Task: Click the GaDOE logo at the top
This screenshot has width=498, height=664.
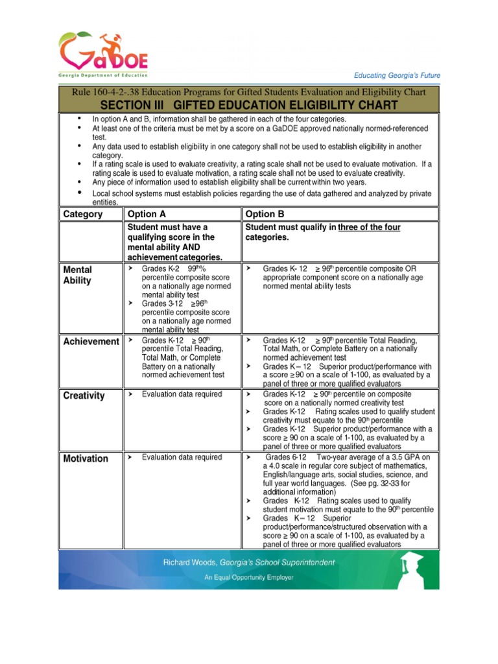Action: click(104, 53)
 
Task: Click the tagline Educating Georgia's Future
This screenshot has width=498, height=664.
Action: click(397, 76)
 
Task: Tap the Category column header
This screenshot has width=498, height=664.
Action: click(83, 214)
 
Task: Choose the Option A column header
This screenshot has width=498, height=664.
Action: click(147, 214)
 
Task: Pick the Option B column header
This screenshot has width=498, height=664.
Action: click(265, 214)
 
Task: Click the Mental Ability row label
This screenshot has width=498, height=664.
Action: click(78, 275)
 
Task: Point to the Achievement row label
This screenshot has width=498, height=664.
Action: click(91, 342)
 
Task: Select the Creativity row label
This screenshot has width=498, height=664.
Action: click(84, 396)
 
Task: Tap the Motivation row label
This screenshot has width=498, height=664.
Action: click(86, 458)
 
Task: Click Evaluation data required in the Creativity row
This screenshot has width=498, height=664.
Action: click(182, 394)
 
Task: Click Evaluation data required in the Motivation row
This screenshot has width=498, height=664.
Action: click(182, 457)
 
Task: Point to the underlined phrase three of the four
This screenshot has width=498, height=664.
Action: click(369, 227)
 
